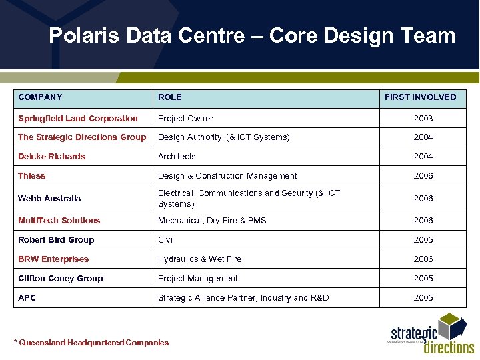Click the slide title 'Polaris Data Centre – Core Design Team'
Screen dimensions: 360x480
point(252,35)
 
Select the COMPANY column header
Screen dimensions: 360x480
point(40,97)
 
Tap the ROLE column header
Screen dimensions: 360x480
point(170,97)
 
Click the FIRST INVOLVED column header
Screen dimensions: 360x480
point(420,97)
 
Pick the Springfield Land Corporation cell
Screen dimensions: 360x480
point(78,119)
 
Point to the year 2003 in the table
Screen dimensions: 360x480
point(423,119)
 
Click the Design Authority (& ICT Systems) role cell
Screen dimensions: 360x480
point(223,137)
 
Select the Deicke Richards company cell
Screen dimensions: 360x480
point(52,157)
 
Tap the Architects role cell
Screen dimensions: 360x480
point(177,157)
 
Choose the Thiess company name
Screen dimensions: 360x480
point(32,176)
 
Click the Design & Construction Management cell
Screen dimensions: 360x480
point(227,176)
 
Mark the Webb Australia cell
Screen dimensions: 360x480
point(49,198)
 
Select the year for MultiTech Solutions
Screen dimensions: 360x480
point(423,221)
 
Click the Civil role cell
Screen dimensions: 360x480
point(166,240)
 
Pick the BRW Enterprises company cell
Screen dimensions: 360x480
point(53,259)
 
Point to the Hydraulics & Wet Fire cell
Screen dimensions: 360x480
point(199,259)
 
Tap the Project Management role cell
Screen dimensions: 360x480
point(197,279)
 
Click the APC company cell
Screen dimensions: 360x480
point(27,298)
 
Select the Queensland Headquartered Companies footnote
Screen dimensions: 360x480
point(91,343)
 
